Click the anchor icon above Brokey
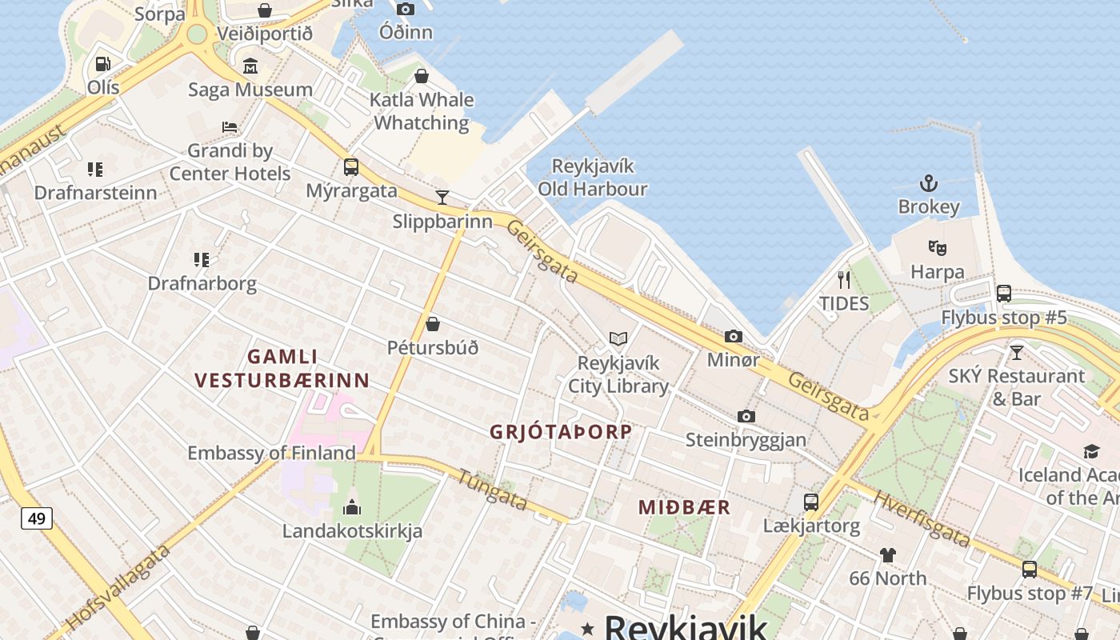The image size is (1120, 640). pyautogui.click(x=928, y=183)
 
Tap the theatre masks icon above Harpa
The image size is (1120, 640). pyautogui.click(x=937, y=248)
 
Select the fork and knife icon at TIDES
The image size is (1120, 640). pyautogui.click(x=843, y=280)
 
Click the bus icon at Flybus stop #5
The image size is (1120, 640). pyautogui.click(x=1004, y=294)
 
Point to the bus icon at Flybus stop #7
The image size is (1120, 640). pyautogui.click(x=1029, y=570)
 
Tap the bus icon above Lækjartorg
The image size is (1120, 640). pyautogui.click(x=811, y=502)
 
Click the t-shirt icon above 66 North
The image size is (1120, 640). pyautogui.click(x=887, y=554)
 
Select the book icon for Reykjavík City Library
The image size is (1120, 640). pyautogui.click(x=618, y=339)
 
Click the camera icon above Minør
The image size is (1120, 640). pyautogui.click(x=733, y=337)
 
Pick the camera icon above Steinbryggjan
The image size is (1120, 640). pyautogui.click(x=746, y=416)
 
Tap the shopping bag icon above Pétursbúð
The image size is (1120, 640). pyautogui.click(x=432, y=324)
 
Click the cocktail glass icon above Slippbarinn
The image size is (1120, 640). pyautogui.click(x=442, y=197)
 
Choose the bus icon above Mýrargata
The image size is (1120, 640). pyautogui.click(x=350, y=167)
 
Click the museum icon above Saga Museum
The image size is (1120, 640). pyautogui.click(x=250, y=66)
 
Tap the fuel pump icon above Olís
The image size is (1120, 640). pyautogui.click(x=102, y=63)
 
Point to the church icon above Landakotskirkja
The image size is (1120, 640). pyautogui.click(x=351, y=507)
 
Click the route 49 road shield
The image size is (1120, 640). pyautogui.click(x=37, y=518)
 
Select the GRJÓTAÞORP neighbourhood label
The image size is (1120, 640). pyautogui.click(x=561, y=432)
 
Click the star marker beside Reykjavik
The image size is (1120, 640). pyautogui.click(x=588, y=628)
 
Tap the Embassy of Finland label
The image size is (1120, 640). pyautogui.click(x=271, y=453)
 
